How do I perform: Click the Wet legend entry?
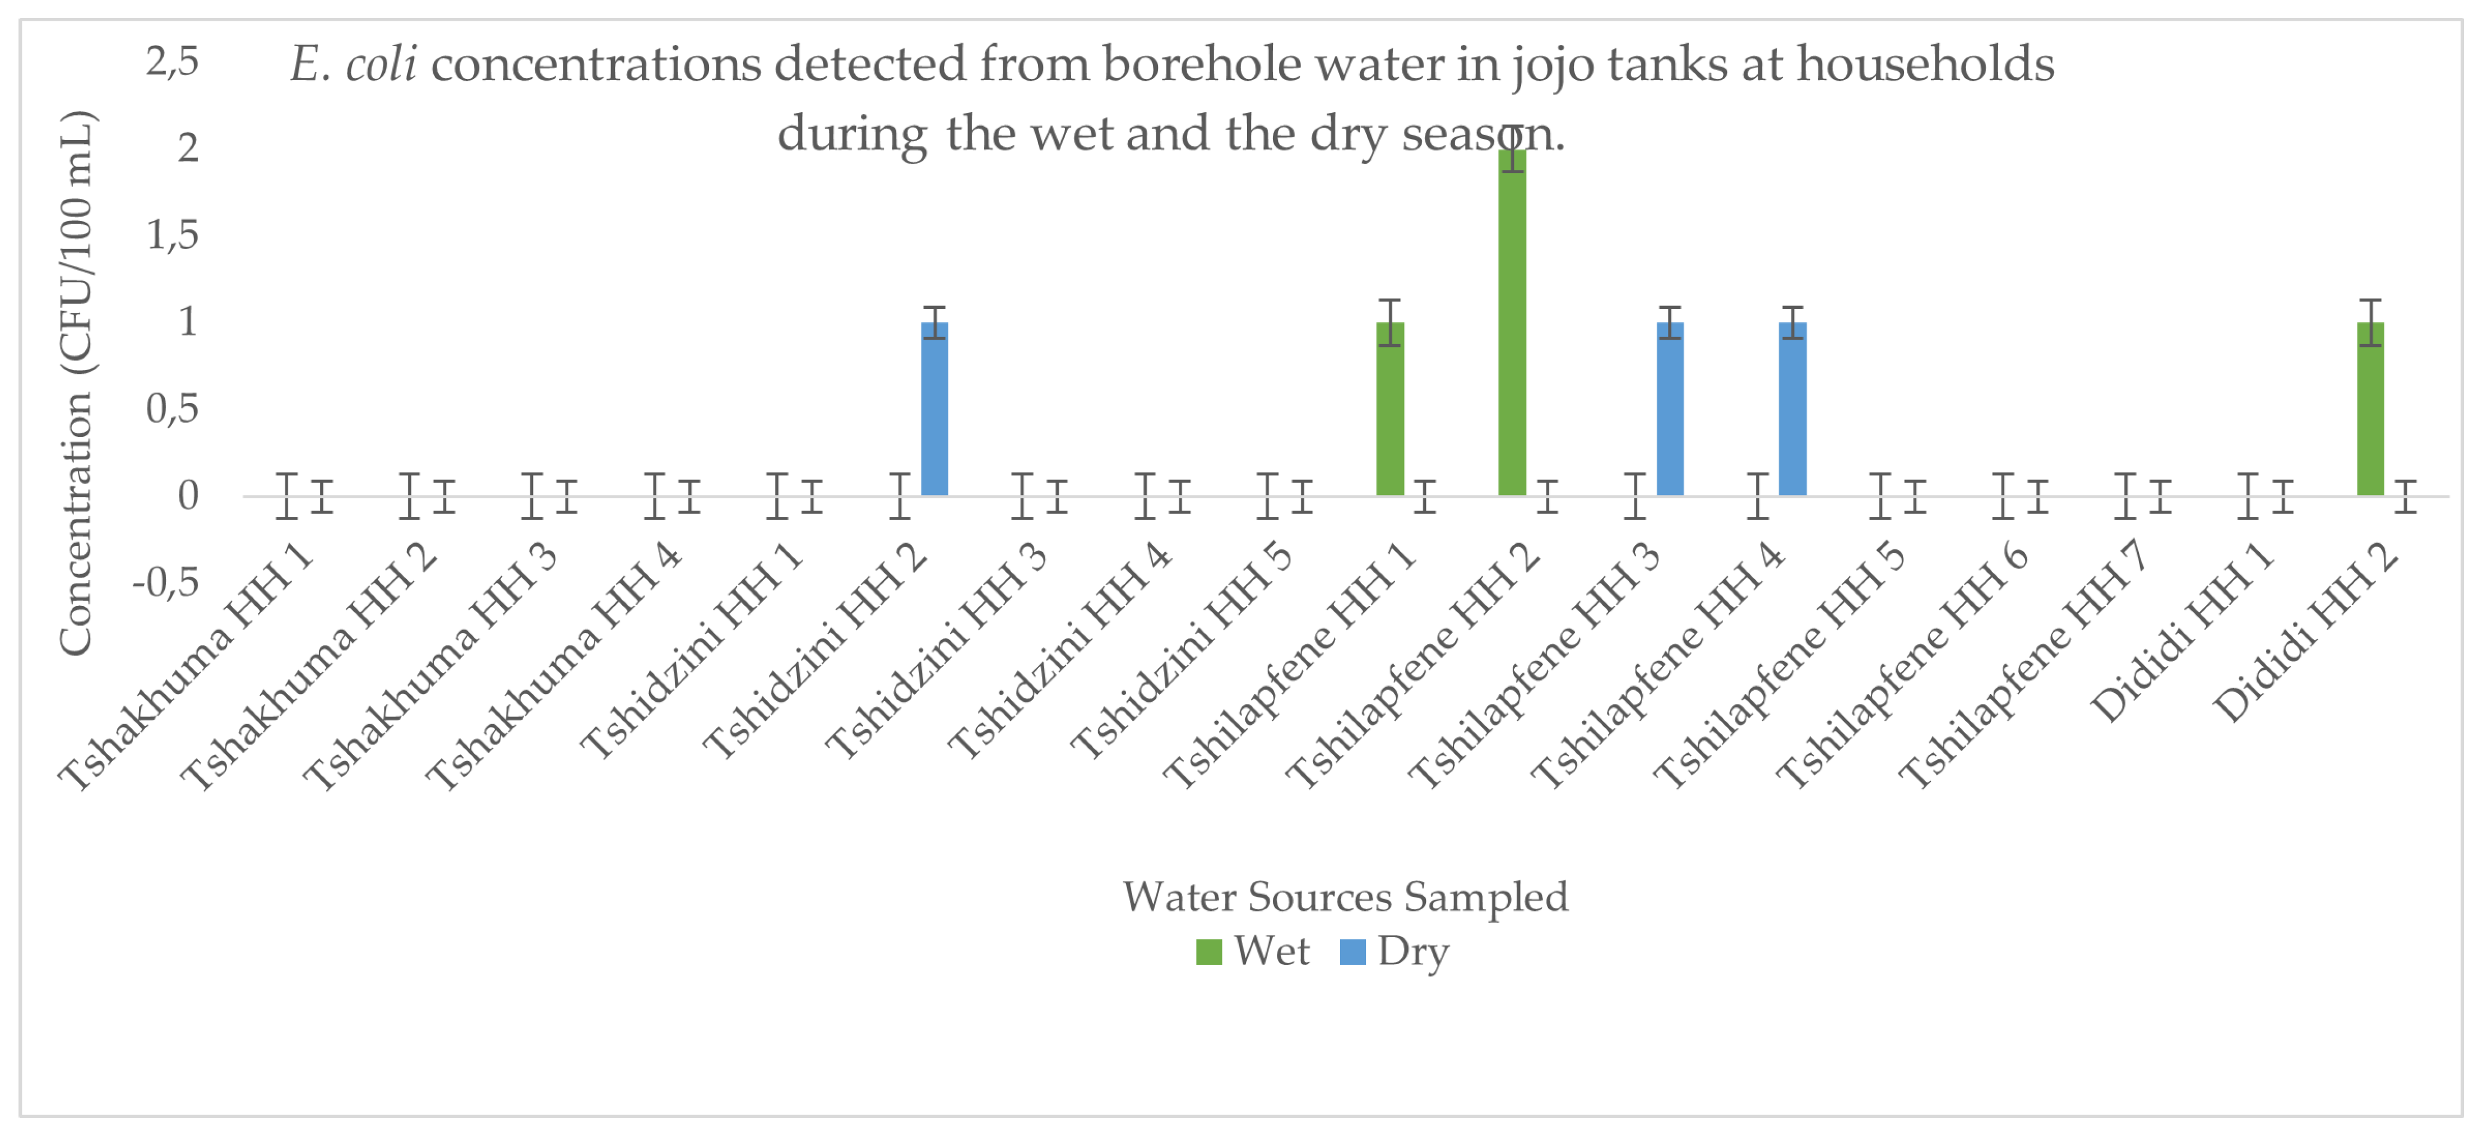[x=1253, y=952]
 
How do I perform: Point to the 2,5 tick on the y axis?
[x=173, y=62]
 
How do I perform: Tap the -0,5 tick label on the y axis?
[x=166, y=582]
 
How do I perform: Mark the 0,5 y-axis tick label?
[x=173, y=409]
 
